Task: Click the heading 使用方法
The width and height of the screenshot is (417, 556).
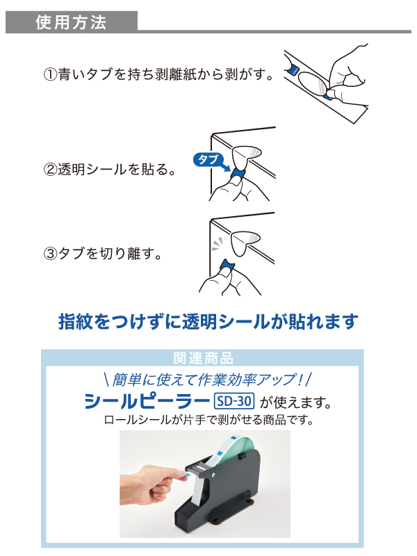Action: pos(71,22)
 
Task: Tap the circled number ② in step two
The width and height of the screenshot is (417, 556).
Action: pos(50,169)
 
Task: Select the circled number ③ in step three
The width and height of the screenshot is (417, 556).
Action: pos(50,254)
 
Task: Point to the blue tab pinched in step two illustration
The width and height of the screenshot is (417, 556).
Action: pos(238,174)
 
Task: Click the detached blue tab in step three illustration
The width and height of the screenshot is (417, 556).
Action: pos(227,265)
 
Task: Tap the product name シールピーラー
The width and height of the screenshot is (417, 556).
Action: pos(146,402)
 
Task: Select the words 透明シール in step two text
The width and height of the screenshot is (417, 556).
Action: pos(92,169)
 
